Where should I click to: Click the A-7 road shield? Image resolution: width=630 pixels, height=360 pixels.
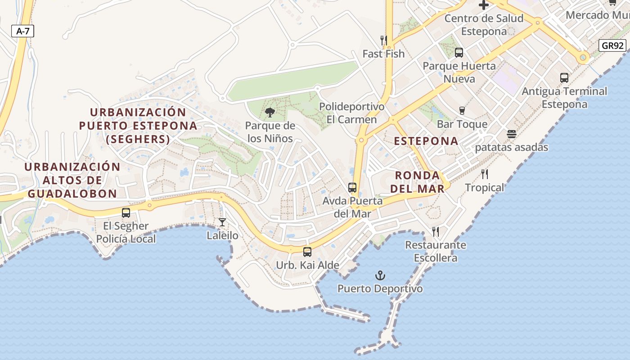pyautogui.click(x=22, y=31)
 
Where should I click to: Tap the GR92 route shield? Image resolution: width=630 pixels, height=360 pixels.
pyautogui.click(x=612, y=45)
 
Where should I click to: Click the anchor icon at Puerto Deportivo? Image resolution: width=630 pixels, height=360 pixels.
pyautogui.click(x=380, y=275)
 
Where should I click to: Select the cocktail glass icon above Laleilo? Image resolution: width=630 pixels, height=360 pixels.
pyautogui.click(x=222, y=222)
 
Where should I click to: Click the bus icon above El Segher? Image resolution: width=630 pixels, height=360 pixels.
pyautogui.click(x=126, y=213)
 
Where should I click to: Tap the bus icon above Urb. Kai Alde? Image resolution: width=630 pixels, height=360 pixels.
pyautogui.click(x=307, y=252)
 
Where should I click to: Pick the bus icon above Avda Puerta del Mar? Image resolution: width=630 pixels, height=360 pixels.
pyautogui.click(x=352, y=188)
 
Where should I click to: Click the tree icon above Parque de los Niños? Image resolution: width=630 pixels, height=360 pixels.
pyautogui.click(x=270, y=112)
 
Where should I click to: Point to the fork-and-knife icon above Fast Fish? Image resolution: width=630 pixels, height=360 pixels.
pyautogui.click(x=384, y=40)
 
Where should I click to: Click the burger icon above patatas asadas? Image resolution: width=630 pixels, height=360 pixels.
pyautogui.click(x=511, y=134)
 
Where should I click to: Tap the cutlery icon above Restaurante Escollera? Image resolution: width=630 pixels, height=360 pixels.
pyautogui.click(x=436, y=232)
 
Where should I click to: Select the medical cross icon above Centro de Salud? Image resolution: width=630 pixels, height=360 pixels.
pyautogui.click(x=484, y=5)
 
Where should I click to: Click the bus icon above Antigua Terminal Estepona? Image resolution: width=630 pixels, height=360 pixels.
pyautogui.click(x=564, y=78)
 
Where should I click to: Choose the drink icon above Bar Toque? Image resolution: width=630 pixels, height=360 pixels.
pyautogui.click(x=462, y=111)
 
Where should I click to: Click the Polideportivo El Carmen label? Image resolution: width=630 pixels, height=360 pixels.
pyautogui.click(x=352, y=113)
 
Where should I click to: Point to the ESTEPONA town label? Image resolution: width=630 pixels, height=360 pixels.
pyautogui.click(x=426, y=141)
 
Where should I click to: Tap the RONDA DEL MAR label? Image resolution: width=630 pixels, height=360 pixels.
pyautogui.click(x=417, y=182)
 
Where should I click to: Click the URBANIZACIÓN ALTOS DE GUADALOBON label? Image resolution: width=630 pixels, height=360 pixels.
pyautogui.click(x=72, y=180)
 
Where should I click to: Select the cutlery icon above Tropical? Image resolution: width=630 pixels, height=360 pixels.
pyautogui.click(x=485, y=174)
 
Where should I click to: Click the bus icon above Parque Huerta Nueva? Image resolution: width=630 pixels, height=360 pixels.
pyautogui.click(x=459, y=53)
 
